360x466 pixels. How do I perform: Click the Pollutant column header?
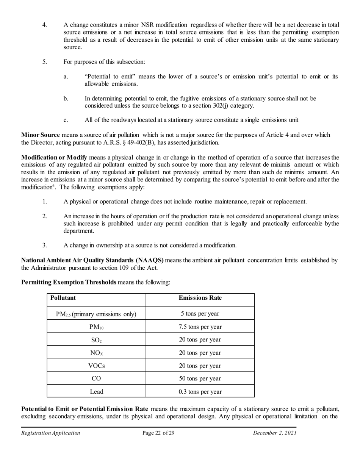coord(63,298)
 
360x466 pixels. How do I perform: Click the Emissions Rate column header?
coord(200,298)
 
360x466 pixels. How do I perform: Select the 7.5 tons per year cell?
coord(200,327)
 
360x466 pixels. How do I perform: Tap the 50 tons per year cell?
coord(200,378)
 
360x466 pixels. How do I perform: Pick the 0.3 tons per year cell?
coord(200,392)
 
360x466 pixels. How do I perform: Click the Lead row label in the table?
coord(97,392)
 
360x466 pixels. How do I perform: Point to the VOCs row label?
coord(97,366)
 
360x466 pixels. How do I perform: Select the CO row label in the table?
coord(97,378)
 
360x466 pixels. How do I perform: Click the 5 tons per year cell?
coord(200,314)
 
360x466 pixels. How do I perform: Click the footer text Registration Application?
coord(50,433)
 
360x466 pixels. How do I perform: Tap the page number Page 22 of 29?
coord(158,433)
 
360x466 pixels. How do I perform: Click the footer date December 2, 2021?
coord(275,433)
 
